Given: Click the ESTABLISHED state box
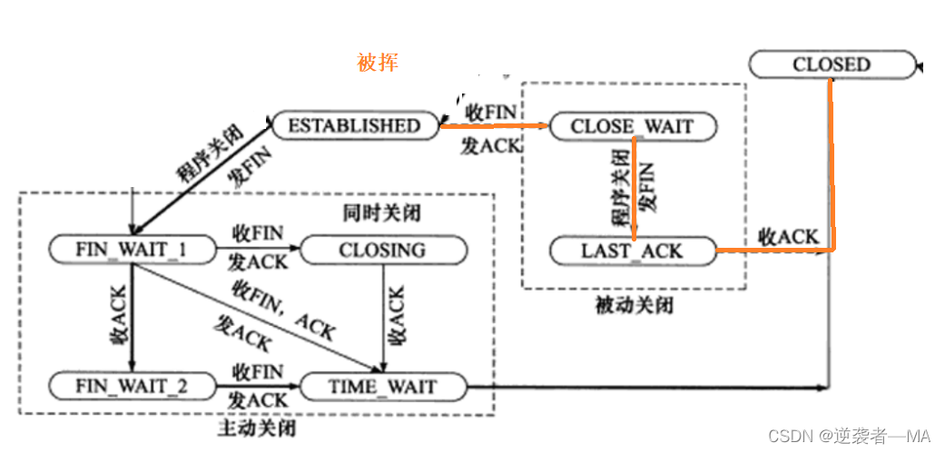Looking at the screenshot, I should point(354,125).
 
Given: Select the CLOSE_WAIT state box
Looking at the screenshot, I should point(632,126).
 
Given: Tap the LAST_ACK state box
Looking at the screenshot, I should point(632,250).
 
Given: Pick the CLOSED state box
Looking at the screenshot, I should point(831,64).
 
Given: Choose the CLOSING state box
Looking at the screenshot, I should point(381,250).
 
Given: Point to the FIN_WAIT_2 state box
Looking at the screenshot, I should point(133,387).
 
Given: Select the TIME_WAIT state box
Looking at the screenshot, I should point(381,387).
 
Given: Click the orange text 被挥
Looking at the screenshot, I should point(378,63).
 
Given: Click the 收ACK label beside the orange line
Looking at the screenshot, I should point(788,237).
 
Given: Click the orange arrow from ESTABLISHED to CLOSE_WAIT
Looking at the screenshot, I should point(495,128).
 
